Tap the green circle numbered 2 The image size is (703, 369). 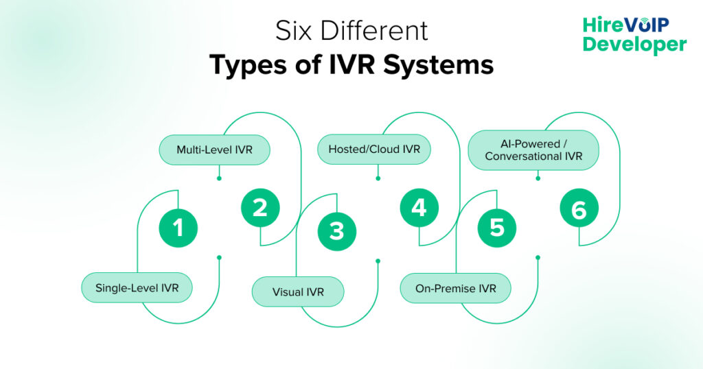click(x=260, y=208)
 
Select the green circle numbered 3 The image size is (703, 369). click(x=336, y=231)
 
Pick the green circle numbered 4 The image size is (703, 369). click(x=419, y=208)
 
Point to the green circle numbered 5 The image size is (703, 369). click(x=496, y=228)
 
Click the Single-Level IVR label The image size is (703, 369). click(x=137, y=288)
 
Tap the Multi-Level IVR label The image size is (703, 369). click(x=214, y=150)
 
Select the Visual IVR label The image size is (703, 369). click(x=297, y=291)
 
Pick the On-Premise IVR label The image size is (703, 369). click(x=455, y=288)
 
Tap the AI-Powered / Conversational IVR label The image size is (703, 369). click(x=533, y=150)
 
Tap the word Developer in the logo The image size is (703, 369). click(x=634, y=45)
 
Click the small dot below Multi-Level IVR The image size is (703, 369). click(x=218, y=178)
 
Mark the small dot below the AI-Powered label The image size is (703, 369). click(x=538, y=178)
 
